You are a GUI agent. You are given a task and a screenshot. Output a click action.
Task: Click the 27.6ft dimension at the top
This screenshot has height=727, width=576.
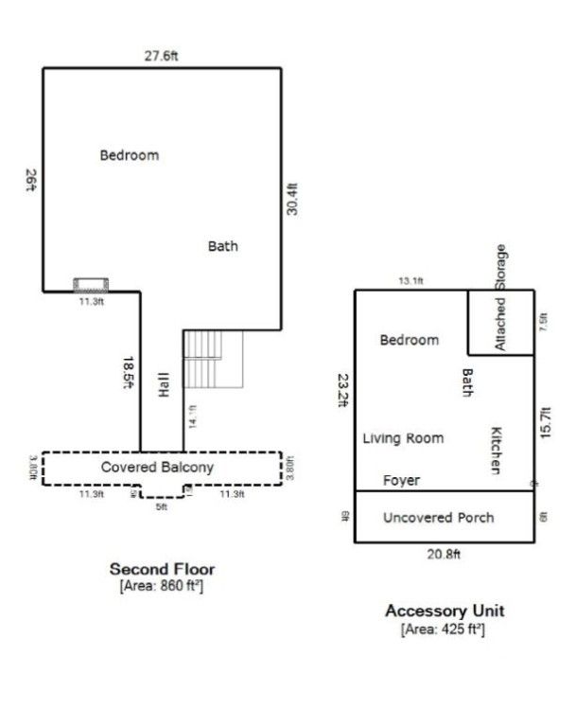point(161,57)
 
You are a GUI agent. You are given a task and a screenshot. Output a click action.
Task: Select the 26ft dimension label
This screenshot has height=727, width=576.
point(31,180)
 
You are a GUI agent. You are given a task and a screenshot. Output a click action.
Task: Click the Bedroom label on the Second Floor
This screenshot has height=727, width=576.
point(130,154)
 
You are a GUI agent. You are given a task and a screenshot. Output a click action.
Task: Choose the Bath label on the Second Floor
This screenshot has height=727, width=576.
point(223,246)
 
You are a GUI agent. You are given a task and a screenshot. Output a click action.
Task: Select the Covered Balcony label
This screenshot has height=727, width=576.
point(158,468)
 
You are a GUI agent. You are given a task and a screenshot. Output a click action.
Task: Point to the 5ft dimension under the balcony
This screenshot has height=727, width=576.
point(162,507)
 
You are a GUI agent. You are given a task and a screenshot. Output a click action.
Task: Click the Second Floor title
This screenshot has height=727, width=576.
point(162,569)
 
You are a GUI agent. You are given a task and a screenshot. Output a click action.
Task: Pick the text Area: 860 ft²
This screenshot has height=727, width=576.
point(162,586)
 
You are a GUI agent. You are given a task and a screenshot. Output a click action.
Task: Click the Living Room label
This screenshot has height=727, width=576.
point(403,438)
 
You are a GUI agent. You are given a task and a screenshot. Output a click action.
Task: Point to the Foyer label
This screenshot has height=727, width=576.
point(401,480)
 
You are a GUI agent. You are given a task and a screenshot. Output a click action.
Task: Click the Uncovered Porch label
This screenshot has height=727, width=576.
point(438,518)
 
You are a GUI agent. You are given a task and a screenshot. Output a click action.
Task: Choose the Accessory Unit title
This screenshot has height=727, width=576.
point(444,611)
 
